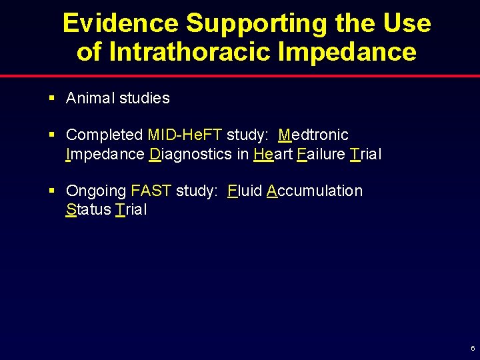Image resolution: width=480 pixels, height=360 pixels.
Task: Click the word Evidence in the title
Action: pos(121,23)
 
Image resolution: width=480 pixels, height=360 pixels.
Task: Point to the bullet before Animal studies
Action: pos(52,98)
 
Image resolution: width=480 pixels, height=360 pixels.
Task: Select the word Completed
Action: pos(105,135)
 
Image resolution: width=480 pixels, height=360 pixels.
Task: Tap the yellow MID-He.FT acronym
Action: pos(185,135)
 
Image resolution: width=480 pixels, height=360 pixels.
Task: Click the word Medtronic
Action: pos(313,135)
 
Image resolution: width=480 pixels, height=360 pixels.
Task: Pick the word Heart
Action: pos(273,154)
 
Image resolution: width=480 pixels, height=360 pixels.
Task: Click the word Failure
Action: pos(321,154)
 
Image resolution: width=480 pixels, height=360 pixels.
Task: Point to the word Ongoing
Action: pos(96,191)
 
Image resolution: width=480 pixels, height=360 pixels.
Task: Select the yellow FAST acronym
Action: pos(151,191)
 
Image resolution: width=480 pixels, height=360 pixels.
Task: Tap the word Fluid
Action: pos(244,191)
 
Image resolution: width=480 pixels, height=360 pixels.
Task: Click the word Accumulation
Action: pos(314,191)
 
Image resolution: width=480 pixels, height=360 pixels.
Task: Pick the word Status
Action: pos(88,210)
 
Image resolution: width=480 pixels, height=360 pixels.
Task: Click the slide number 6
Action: pos(472,349)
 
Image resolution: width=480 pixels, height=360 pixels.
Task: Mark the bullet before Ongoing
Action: pos(52,191)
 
